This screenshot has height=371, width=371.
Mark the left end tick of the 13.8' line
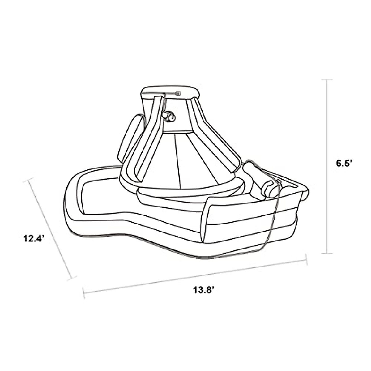click(84, 293)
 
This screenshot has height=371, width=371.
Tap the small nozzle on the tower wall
click(168, 116)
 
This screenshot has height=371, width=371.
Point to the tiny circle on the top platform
click(177, 93)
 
